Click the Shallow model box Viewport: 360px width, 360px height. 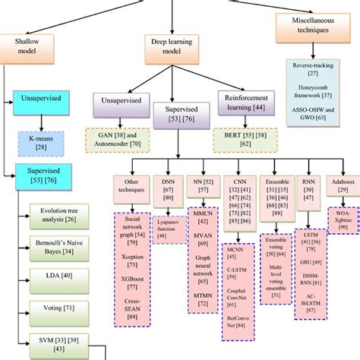(27, 46)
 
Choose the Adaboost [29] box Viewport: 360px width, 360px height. (336, 187)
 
